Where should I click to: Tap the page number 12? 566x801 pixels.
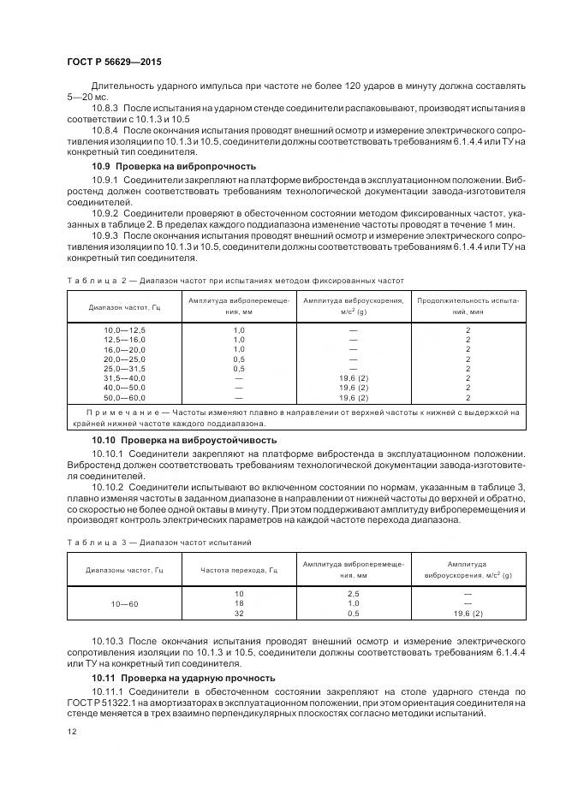[x=70, y=731]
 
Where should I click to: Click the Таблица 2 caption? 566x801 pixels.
[x=234, y=280]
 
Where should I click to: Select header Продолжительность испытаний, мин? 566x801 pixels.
[x=468, y=306]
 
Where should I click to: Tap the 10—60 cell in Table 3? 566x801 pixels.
[x=125, y=603]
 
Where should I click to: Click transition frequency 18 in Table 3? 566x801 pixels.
[x=239, y=603]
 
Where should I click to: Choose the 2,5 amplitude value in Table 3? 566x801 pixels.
[x=353, y=593]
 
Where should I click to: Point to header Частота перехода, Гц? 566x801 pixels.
[x=239, y=570]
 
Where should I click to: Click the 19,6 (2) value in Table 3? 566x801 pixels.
[x=467, y=614]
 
